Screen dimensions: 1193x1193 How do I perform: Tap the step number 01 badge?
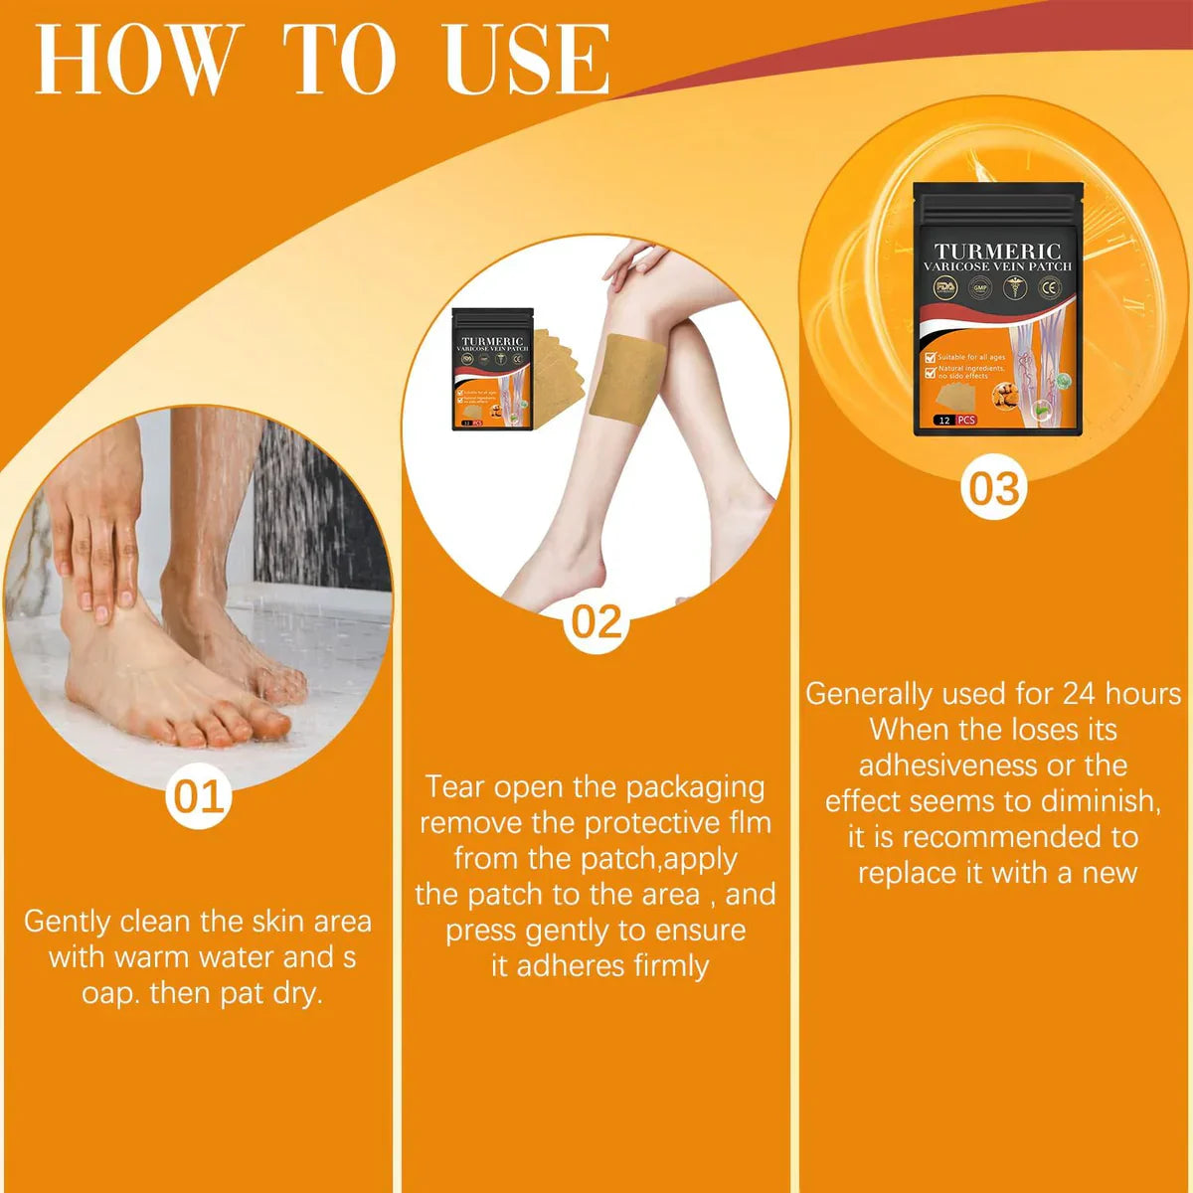click(x=199, y=796)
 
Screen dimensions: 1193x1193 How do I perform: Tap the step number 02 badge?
click(x=596, y=621)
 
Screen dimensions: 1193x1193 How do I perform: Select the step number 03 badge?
click(x=994, y=489)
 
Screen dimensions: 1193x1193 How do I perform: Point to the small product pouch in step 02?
click(x=492, y=368)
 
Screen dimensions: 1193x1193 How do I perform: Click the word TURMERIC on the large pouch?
click(x=997, y=252)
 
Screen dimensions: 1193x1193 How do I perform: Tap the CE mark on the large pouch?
click(x=1050, y=288)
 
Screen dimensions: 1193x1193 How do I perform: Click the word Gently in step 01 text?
click(x=66, y=922)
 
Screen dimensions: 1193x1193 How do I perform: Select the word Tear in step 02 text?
click(x=456, y=786)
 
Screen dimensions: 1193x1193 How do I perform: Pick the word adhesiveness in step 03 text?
click(x=943, y=765)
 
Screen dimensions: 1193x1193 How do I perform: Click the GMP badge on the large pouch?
click(x=981, y=288)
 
